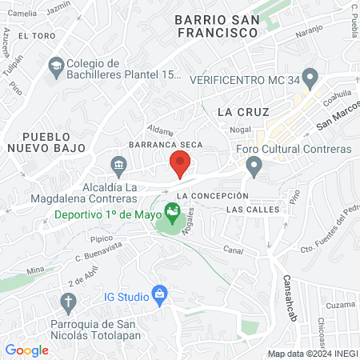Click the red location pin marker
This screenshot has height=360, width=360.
point(180,165)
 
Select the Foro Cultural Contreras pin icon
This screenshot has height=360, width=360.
point(254,166)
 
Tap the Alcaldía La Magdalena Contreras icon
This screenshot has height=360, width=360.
point(118,166)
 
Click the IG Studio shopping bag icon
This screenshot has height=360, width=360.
point(160,295)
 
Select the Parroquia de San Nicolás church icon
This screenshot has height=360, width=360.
point(68,302)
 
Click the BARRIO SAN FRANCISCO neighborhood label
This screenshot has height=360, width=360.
point(218,26)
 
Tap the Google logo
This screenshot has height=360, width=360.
point(26,350)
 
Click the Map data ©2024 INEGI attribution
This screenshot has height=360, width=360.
point(311,354)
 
